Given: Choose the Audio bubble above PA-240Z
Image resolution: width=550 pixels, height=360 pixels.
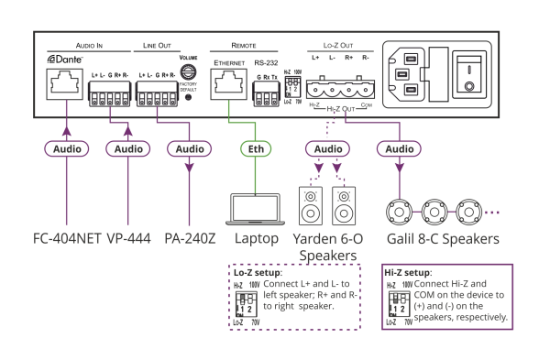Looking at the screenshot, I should (190, 148).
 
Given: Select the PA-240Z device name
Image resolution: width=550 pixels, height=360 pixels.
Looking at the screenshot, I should (190, 239).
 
